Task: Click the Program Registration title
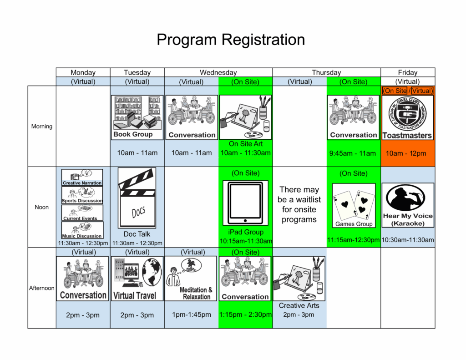[231, 40]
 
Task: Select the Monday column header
[83, 72]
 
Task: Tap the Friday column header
[408, 72]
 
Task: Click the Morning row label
[42, 127]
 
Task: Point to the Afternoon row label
[42, 288]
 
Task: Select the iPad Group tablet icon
[245, 203]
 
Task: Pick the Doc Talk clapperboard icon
[137, 198]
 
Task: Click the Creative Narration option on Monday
[82, 177]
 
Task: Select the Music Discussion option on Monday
[82, 230]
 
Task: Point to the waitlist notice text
[299, 205]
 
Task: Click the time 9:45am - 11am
[353, 153]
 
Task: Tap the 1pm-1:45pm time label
[191, 314]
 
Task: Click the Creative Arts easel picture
[299, 278]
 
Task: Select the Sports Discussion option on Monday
[82, 195]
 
